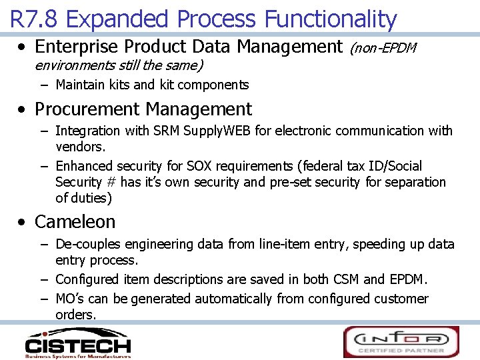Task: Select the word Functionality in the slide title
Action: click(331, 19)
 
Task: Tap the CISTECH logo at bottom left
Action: click(77, 343)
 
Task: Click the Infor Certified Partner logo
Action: click(401, 341)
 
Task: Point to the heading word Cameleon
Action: click(75, 221)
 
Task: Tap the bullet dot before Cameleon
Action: click(23, 222)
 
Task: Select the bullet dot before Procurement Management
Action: click(23, 110)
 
